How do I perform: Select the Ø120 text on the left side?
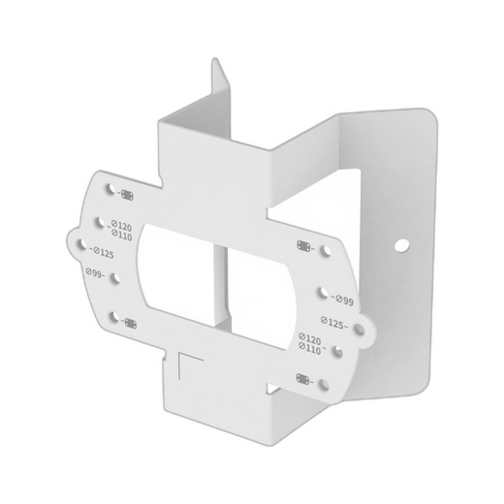pyautogui.click(x=122, y=224)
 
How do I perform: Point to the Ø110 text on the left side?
pyautogui.click(x=123, y=234)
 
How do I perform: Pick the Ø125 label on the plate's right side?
pyautogui.click(x=334, y=323)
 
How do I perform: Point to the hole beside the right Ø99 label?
pyautogui.click(x=319, y=290)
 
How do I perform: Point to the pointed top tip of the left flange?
pyautogui.click(x=215, y=60)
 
